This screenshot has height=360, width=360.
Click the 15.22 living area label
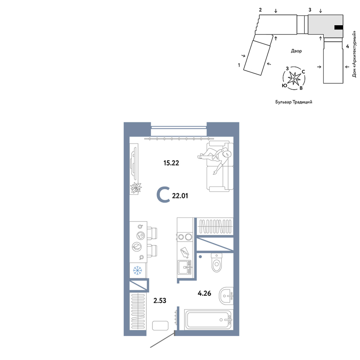[171, 163]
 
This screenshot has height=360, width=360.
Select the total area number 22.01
[180, 196]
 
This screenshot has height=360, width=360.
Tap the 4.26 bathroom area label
[204, 293]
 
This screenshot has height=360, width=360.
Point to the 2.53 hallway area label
[160, 301]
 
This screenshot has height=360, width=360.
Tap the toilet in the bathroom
[217, 262]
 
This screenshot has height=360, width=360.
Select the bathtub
[209, 320]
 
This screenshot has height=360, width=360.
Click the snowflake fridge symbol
[138, 270]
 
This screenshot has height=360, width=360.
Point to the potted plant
[136, 188]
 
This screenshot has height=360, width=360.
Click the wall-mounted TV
[134, 162]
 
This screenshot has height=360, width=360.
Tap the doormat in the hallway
[160, 325]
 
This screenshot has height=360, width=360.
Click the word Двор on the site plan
[296, 51]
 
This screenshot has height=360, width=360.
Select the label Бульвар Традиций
[294, 102]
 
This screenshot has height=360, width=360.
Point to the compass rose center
[294, 79]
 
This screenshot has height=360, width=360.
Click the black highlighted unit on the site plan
[339, 28]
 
